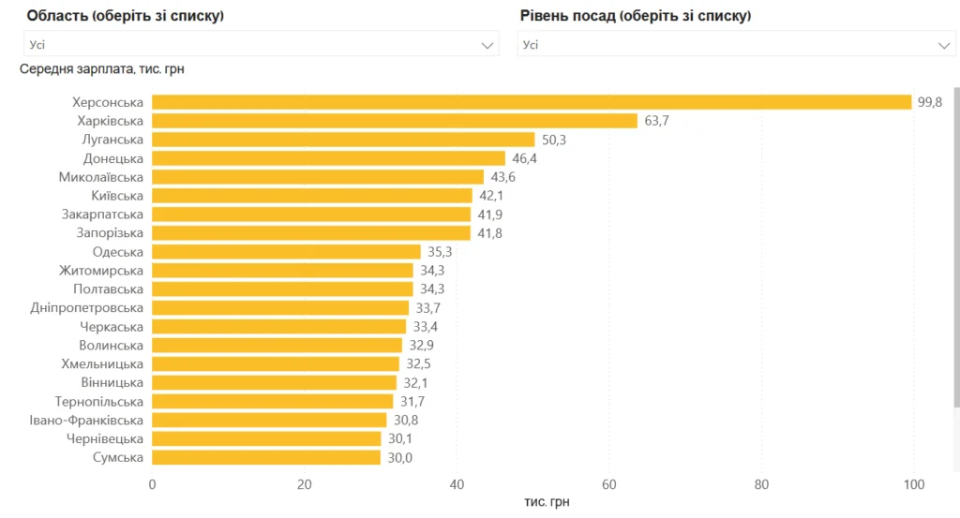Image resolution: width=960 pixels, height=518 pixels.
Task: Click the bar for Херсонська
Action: point(532,102)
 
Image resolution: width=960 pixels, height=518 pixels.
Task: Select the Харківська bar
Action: point(394,121)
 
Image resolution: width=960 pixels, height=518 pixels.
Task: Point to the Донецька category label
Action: point(112,158)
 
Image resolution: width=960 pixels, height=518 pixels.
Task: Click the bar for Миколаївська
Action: point(318,177)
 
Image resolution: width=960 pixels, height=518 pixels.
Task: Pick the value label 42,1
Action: point(491,196)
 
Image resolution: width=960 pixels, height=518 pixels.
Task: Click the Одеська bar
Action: point(286,252)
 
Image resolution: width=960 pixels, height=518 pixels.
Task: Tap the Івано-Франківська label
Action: point(86,420)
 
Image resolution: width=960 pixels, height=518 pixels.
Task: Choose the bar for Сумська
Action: point(266,457)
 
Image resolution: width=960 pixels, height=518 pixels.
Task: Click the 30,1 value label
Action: point(400,438)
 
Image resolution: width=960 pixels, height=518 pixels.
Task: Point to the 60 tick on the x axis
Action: point(609,484)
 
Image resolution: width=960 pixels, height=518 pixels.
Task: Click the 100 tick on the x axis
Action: point(912,484)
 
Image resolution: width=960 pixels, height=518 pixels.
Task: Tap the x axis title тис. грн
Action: point(547,502)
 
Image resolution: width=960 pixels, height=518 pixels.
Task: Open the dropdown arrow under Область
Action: point(487,44)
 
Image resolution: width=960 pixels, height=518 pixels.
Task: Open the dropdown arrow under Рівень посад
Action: point(944,44)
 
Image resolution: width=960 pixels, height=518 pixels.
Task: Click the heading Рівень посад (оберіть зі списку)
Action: point(636,16)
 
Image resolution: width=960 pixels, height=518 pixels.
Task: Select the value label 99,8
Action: point(930,102)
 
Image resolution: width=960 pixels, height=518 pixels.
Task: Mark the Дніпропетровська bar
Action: point(280,307)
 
